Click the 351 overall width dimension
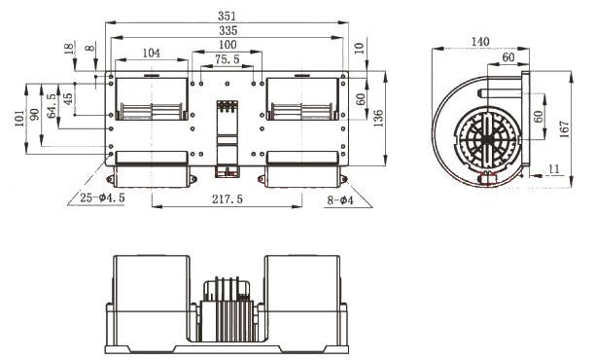tap(227, 16)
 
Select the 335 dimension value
tap(228, 30)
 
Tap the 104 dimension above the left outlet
tap(152, 53)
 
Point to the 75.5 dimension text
tap(227, 59)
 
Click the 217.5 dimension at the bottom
tap(227, 199)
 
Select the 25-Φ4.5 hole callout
tap(102, 198)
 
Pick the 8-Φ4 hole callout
tap(340, 200)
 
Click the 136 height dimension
tap(378, 119)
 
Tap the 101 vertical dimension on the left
tap(19, 118)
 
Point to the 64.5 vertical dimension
tap(52, 106)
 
